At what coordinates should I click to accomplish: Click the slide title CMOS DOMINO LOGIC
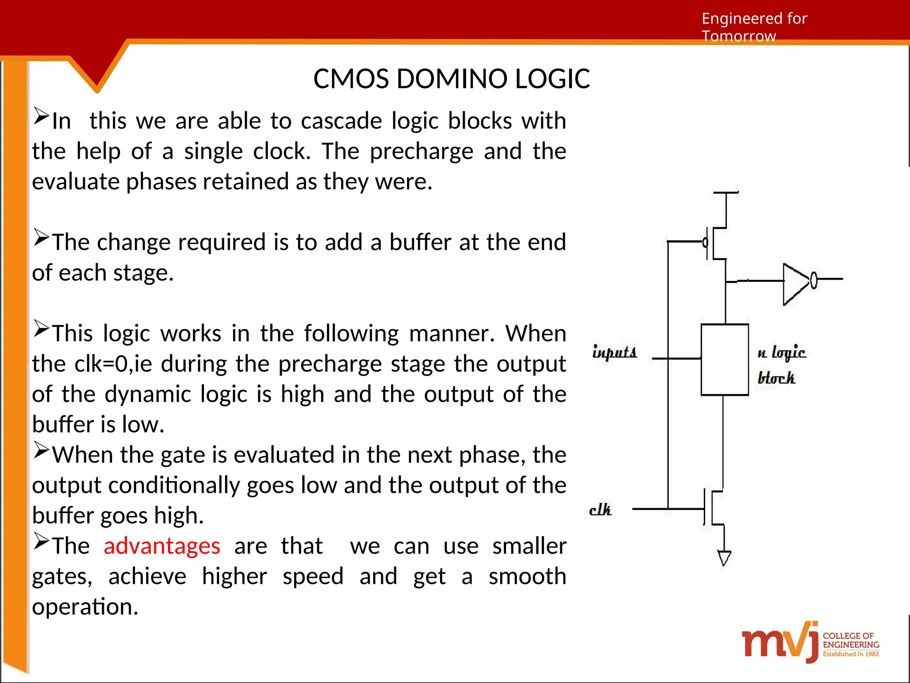[x=451, y=79]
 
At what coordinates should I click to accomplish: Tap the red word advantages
[x=162, y=546]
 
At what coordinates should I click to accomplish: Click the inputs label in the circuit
[x=615, y=352]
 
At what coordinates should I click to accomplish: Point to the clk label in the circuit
[x=600, y=510]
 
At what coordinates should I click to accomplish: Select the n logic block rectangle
[x=724, y=359]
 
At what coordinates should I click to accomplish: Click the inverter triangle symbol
[x=797, y=284]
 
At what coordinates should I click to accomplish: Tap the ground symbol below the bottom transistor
[x=724, y=558]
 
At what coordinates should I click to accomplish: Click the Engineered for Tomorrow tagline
[x=754, y=27]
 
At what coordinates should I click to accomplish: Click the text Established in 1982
[x=850, y=654]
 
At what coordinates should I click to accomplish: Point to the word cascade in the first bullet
[x=341, y=121]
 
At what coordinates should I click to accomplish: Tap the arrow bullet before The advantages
[x=41, y=541]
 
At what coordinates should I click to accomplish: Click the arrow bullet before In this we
[x=41, y=117]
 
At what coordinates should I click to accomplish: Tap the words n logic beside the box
[x=781, y=353]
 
